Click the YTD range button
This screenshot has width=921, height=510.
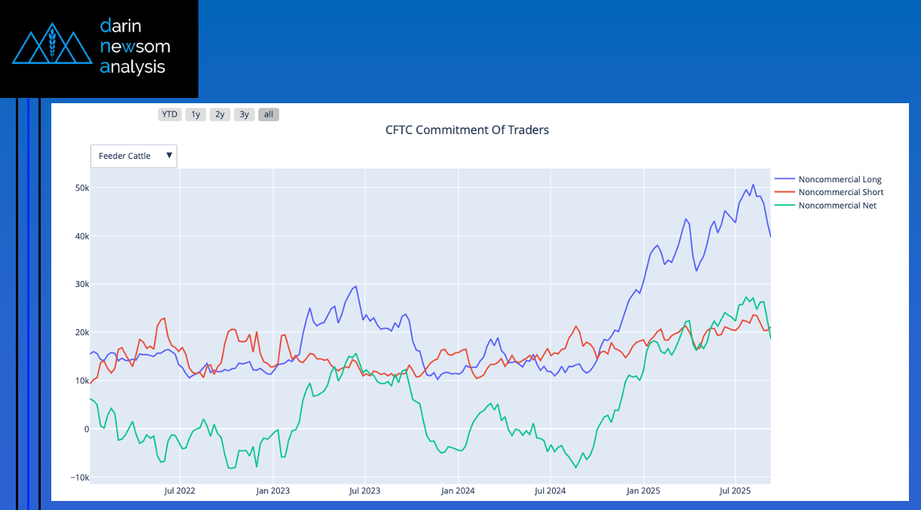170,115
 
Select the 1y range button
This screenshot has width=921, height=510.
195,115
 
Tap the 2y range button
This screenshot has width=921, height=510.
220,115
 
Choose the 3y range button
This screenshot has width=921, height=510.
244,115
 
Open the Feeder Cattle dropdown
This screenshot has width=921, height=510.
134,156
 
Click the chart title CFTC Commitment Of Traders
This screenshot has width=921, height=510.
467,130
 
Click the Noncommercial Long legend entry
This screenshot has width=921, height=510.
840,179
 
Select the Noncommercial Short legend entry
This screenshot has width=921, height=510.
840,192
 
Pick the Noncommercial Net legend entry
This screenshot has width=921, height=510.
837,205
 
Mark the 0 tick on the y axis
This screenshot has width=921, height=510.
86,429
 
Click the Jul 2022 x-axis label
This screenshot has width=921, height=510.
180,490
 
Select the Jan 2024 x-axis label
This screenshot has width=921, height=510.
458,490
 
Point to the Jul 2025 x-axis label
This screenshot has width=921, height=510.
735,490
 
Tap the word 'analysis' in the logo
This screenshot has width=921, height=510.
132,67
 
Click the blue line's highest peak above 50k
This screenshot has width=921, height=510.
753,185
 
